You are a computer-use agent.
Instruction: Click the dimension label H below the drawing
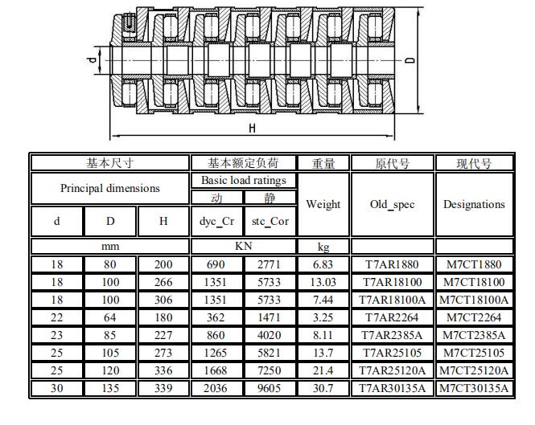(252, 129)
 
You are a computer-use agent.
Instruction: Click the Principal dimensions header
(110, 188)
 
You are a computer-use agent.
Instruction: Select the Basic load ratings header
(244, 180)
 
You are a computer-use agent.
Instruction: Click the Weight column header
(323, 204)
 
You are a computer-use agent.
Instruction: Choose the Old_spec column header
(393, 204)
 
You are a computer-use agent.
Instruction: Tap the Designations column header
(474, 204)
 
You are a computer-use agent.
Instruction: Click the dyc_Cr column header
(216, 221)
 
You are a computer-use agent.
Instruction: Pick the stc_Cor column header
(270, 221)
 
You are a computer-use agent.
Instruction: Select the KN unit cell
(243, 246)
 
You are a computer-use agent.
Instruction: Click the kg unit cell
(323, 247)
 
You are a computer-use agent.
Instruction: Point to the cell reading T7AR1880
(392, 264)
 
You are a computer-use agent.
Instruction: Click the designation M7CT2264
(474, 317)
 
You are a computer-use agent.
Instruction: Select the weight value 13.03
(323, 282)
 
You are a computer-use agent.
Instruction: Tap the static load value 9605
(270, 388)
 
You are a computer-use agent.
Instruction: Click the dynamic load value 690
(216, 264)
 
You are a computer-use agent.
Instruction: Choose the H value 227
(163, 335)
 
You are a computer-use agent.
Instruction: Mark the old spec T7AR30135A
(392, 388)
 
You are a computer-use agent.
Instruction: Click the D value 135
(110, 388)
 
